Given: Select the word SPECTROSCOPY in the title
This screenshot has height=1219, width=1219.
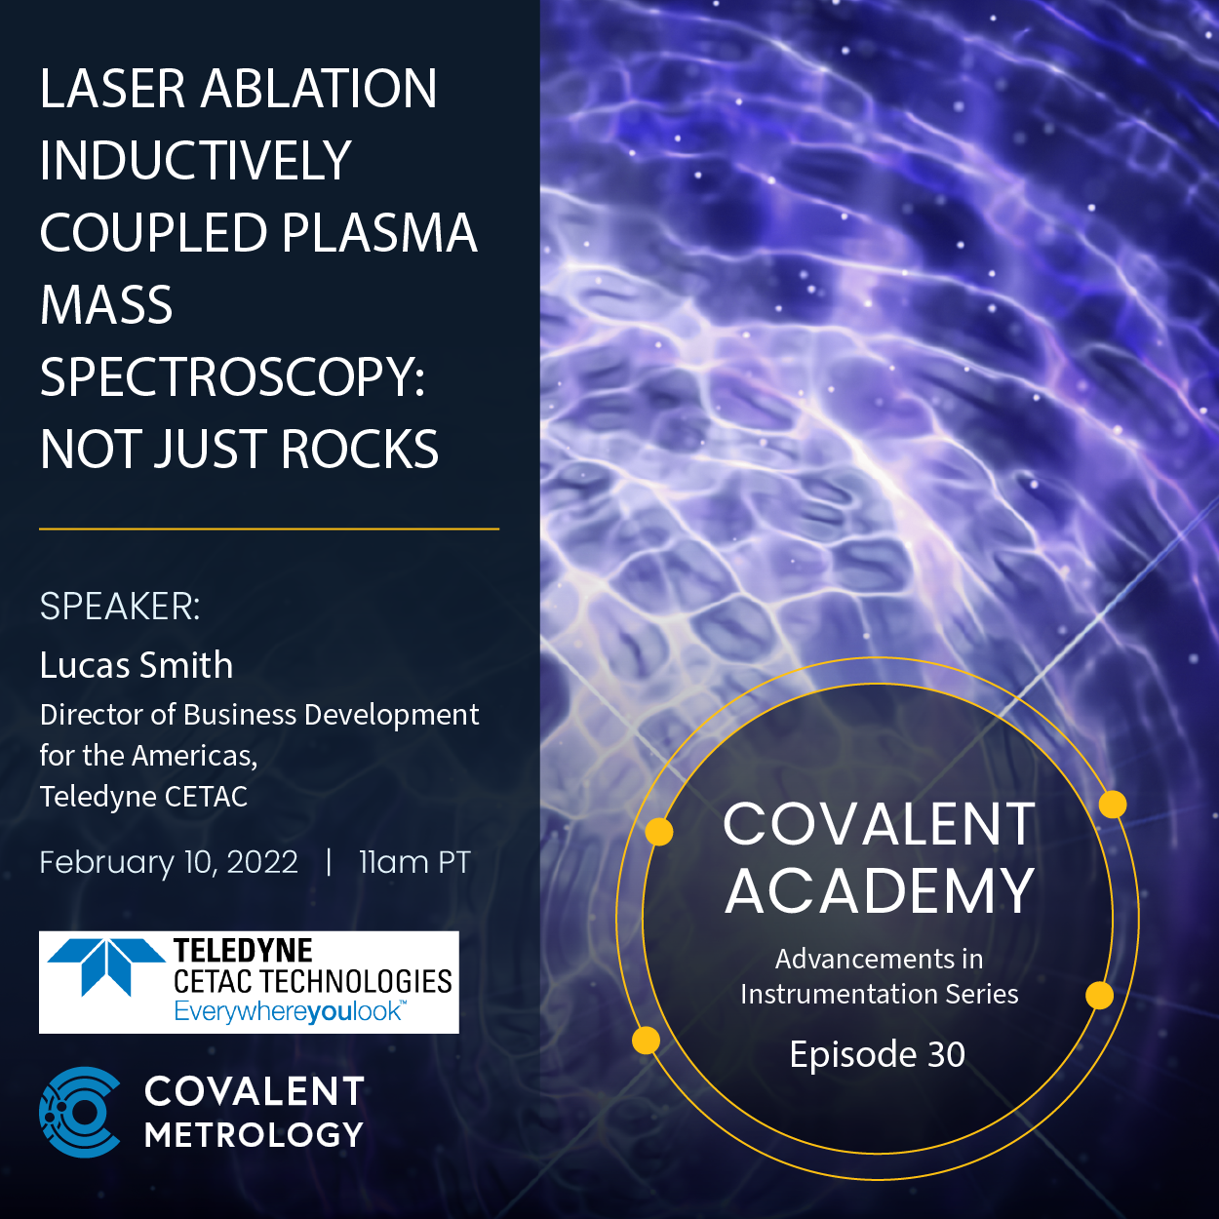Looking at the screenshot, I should [x=232, y=377].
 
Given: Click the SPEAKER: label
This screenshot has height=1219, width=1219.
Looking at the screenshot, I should [x=120, y=607].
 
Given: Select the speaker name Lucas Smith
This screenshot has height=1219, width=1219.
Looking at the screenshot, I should [x=137, y=665].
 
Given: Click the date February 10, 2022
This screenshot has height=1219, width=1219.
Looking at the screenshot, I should [x=169, y=862].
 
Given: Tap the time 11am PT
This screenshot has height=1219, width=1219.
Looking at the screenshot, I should [x=414, y=862].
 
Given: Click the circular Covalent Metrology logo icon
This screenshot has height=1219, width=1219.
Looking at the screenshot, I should [x=81, y=1112].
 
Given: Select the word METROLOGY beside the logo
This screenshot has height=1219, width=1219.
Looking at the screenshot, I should [x=254, y=1135].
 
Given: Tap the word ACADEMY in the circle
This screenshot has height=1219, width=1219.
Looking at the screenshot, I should [x=879, y=891].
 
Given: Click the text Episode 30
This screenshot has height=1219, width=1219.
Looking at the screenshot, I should [x=878, y=1054].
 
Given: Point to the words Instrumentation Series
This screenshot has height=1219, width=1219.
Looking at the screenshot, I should [x=879, y=994].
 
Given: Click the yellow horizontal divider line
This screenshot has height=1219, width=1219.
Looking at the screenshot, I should [x=269, y=529].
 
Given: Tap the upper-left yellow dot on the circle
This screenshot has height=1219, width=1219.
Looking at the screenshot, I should [x=659, y=832].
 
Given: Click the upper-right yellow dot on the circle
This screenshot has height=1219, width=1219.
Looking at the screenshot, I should [x=1113, y=805].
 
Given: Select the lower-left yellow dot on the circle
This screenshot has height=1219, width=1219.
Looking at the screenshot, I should [x=646, y=1041].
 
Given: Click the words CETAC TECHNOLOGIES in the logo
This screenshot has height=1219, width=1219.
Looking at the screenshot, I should [x=312, y=981].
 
